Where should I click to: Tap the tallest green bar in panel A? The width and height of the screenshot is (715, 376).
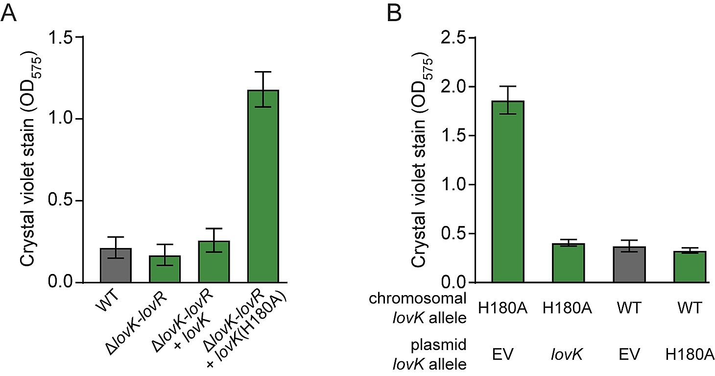(263, 186)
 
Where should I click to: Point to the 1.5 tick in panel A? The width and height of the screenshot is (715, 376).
(77, 37)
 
